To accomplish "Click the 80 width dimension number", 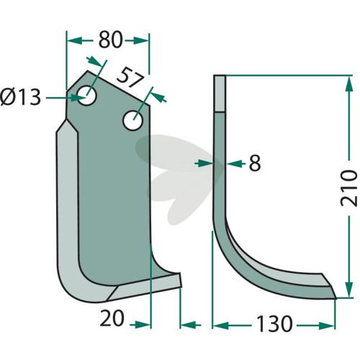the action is point(110,40).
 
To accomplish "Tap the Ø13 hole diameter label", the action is point(21,97).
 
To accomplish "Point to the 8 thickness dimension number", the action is point(255,163).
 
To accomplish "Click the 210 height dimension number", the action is point(348,188).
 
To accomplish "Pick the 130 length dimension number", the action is point(274,324).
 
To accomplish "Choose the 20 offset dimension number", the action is point(112,318).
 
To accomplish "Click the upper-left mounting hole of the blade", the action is point(86,96).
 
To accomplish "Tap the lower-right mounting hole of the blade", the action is point(133,120).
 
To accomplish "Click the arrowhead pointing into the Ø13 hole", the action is point(78,98).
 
